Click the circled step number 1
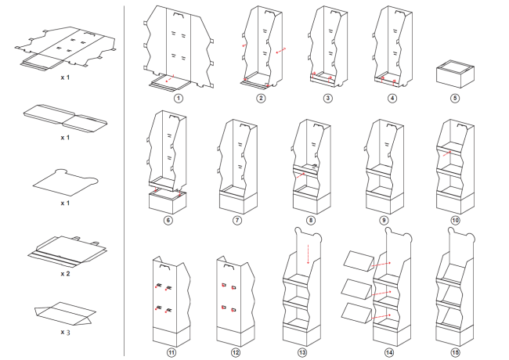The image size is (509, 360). click(179, 99)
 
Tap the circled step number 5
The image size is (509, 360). click(455, 99)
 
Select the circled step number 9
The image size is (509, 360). click(384, 221)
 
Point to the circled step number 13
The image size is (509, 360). click(302, 352)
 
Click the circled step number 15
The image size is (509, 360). click(455, 352)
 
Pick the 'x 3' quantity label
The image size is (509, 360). click(65, 333)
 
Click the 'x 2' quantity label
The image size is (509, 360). click(65, 274)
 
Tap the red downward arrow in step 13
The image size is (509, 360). click(308, 254)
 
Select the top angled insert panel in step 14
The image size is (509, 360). click(358, 261)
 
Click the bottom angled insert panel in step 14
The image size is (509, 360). click(356, 313)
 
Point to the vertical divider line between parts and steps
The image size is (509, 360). click(124, 180)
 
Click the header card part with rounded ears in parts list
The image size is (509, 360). click(65, 182)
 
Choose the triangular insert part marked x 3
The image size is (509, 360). click(65, 313)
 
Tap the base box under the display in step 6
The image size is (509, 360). click(168, 202)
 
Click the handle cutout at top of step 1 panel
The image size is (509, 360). click(179, 15)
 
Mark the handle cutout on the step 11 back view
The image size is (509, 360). click(165, 267)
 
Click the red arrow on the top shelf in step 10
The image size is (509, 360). click(447, 153)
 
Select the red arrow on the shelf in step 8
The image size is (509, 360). click(300, 175)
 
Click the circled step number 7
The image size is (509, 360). click(237, 221)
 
